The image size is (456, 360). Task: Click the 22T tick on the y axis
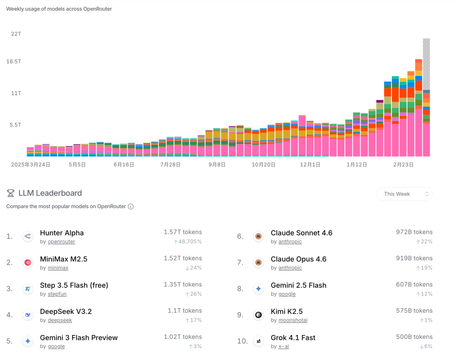[16, 34]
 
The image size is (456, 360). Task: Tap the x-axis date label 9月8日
[217, 165]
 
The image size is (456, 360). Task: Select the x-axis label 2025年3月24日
[30, 165]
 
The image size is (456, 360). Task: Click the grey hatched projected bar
[426, 63]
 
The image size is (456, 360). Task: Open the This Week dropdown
[404, 194]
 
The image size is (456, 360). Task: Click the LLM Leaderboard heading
[50, 193]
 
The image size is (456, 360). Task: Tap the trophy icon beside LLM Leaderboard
[11, 193]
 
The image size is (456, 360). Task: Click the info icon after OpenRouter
[131, 206]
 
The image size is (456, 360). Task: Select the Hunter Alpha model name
[62, 233]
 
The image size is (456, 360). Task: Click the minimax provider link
[58, 268]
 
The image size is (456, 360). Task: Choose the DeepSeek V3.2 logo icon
[28, 315]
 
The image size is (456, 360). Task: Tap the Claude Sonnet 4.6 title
[301, 233]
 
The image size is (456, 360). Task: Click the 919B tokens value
[414, 258]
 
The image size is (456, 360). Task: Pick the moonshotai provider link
[293, 320]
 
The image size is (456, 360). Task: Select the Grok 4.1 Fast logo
[258, 341]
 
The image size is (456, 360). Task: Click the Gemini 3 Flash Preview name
[79, 338]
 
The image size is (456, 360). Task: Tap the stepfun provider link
[57, 294]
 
